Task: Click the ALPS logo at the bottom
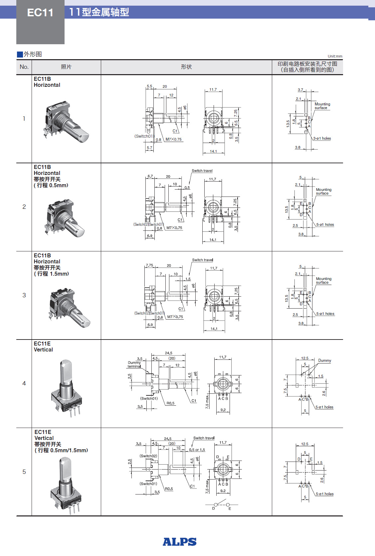(x=179, y=542)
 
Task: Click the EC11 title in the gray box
(x=40, y=13)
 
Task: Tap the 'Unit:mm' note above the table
(x=335, y=56)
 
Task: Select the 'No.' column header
(x=24, y=67)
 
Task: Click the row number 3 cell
(x=24, y=295)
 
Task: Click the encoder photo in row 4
(x=67, y=387)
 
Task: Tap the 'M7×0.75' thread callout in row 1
(x=174, y=139)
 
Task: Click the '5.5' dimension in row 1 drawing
(x=149, y=86)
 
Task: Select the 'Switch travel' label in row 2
(x=202, y=171)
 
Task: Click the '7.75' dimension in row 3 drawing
(x=149, y=265)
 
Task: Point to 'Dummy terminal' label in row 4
(x=134, y=364)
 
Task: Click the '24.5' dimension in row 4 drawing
(x=169, y=353)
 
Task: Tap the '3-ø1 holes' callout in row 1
(x=322, y=138)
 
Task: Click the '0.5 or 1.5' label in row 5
(x=197, y=450)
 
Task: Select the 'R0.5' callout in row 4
(x=170, y=403)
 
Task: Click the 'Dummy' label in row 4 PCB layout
(x=324, y=360)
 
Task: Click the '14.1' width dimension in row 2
(x=213, y=240)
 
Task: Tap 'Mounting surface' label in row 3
(x=323, y=280)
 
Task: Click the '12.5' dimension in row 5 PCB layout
(x=304, y=444)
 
